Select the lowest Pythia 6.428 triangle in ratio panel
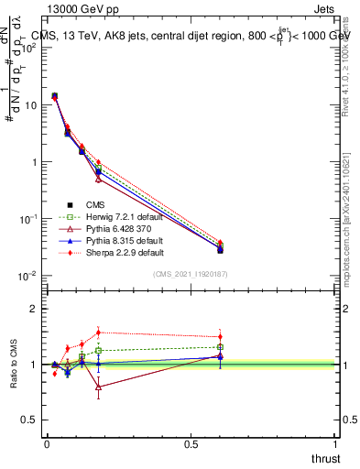[x=98, y=387]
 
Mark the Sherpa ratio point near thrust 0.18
[x=98, y=333]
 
